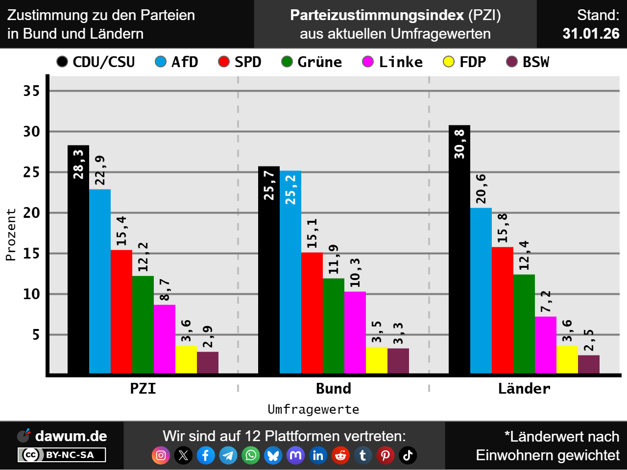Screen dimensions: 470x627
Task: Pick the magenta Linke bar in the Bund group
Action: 355,332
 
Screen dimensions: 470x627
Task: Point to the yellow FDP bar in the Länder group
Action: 567,360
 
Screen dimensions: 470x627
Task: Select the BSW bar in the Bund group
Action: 398,361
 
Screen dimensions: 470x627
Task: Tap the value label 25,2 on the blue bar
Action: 290,190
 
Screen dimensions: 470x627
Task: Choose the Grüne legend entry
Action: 312,62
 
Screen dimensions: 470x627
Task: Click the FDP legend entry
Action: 464,62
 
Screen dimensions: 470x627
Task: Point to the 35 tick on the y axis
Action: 31,91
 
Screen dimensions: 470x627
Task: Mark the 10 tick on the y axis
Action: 31,294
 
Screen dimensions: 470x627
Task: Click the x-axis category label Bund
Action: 334,389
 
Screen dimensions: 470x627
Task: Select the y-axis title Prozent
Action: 11,235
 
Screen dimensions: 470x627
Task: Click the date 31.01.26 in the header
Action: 591,33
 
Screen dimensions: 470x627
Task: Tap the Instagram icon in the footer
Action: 161,455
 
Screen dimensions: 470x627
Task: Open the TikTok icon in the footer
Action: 408,455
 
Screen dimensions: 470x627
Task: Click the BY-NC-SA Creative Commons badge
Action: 62,455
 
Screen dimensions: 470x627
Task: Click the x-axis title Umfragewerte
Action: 313,409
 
